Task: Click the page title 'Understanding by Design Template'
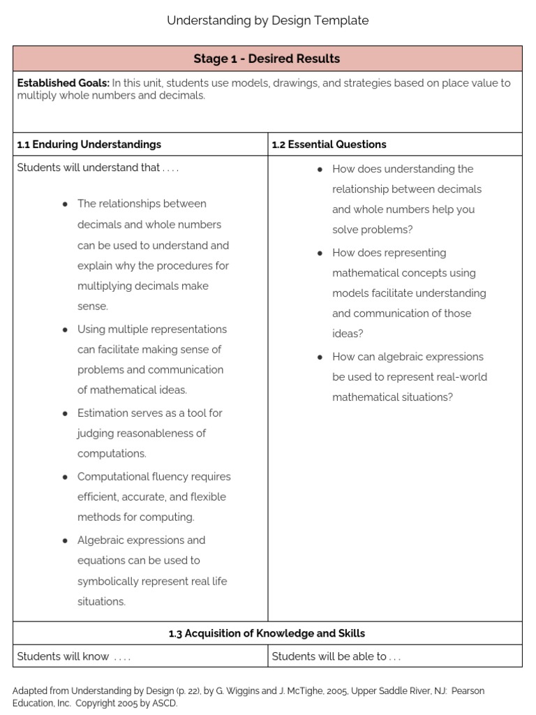(267, 21)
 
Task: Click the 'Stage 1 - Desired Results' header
(267, 59)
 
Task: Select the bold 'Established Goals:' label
(63, 83)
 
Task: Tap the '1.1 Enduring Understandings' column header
(89, 145)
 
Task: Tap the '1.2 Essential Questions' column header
(329, 145)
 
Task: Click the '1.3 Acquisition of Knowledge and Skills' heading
(267, 633)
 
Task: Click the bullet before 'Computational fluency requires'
(64, 477)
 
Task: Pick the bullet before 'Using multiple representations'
(64, 330)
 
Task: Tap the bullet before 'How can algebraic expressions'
(320, 357)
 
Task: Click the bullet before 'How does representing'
(320, 253)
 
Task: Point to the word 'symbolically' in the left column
(108, 581)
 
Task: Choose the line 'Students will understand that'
(89, 168)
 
